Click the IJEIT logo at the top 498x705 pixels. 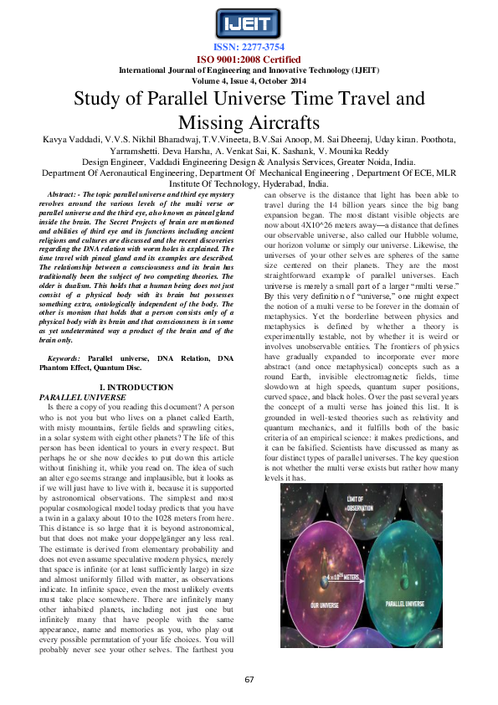248,23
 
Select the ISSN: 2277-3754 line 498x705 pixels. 249,48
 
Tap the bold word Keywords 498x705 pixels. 64,358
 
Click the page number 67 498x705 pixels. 249,679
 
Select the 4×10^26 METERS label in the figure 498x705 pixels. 345,552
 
